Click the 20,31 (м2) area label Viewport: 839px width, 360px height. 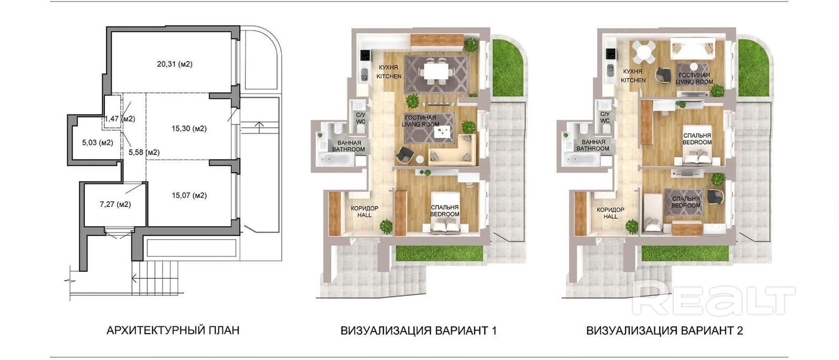(175, 64)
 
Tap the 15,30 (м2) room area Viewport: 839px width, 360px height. (189, 129)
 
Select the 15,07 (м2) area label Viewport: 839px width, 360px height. (189, 195)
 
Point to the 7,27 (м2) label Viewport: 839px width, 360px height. (115, 204)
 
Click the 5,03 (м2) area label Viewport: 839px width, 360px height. (98, 142)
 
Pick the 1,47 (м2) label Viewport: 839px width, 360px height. (120, 119)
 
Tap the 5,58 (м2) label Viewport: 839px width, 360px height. (144, 152)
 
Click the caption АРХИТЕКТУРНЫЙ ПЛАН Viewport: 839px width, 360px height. (173, 331)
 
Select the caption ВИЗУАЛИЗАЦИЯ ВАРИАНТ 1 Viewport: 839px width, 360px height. (418, 331)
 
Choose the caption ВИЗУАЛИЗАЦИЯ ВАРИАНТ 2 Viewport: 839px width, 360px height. (664, 331)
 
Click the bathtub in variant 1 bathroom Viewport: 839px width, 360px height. (337, 160)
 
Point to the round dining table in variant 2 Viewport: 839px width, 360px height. (643, 53)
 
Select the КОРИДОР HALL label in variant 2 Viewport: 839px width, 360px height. (610, 213)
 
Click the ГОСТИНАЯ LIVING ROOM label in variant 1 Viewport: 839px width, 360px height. (420, 121)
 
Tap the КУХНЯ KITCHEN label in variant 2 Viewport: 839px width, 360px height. (633, 76)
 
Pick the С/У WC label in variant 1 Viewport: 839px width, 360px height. (360, 118)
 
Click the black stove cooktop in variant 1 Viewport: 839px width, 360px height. (365, 56)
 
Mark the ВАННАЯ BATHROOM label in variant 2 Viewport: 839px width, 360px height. (592, 145)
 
